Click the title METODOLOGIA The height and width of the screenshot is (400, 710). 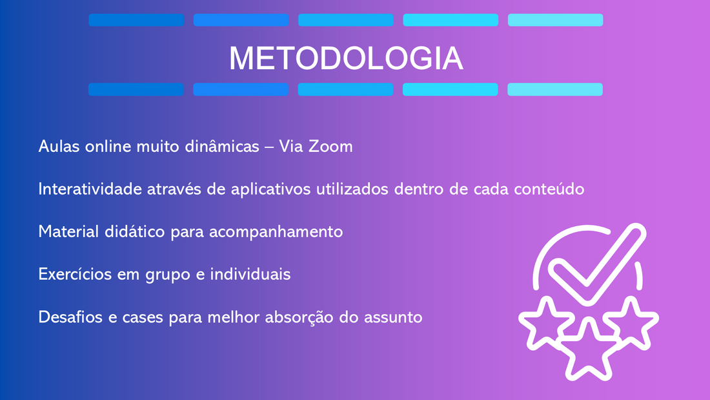tap(347, 58)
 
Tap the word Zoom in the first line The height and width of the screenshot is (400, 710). tap(330, 147)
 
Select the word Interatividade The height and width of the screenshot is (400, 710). tap(90, 189)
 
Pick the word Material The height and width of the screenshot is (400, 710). tap(69, 231)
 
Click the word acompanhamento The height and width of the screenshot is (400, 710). tap(276, 232)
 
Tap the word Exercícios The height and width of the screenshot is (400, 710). tap(75, 274)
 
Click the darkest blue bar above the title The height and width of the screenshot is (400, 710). tap(136, 20)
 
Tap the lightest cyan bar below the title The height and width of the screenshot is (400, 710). tap(555, 89)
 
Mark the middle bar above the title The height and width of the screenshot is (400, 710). tap(346, 20)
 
